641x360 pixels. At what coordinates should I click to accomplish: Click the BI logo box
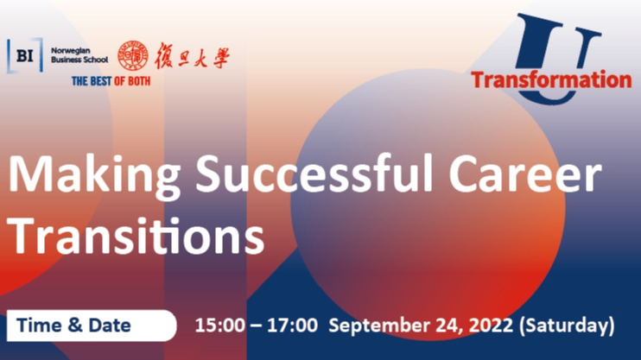click(x=25, y=55)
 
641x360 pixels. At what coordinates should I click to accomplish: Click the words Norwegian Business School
click(x=79, y=55)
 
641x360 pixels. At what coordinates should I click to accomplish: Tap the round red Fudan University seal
click(x=133, y=55)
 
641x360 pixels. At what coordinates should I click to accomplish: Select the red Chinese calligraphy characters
click(x=192, y=56)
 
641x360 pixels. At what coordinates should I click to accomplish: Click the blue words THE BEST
click(x=92, y=81)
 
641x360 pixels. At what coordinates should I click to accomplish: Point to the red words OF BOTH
click(x=132, y=81)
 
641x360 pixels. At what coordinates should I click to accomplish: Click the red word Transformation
click(x=551, y=79)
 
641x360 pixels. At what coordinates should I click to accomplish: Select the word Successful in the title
click(x=314, y=173)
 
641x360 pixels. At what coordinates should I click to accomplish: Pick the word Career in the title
click(x=525, y=174)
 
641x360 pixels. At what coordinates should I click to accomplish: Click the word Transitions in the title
click(x=136, y=236)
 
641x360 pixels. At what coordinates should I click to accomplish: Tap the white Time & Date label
click(x=92, y=325)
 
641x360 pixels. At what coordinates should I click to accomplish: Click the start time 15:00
click(x=219, y=325)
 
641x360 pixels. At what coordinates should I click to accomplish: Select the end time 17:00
click(x=292, y=325)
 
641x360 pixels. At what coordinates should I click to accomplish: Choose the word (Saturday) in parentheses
click(x=567, y=326)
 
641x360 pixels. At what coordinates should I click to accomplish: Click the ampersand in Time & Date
click(x=75, y=325)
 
